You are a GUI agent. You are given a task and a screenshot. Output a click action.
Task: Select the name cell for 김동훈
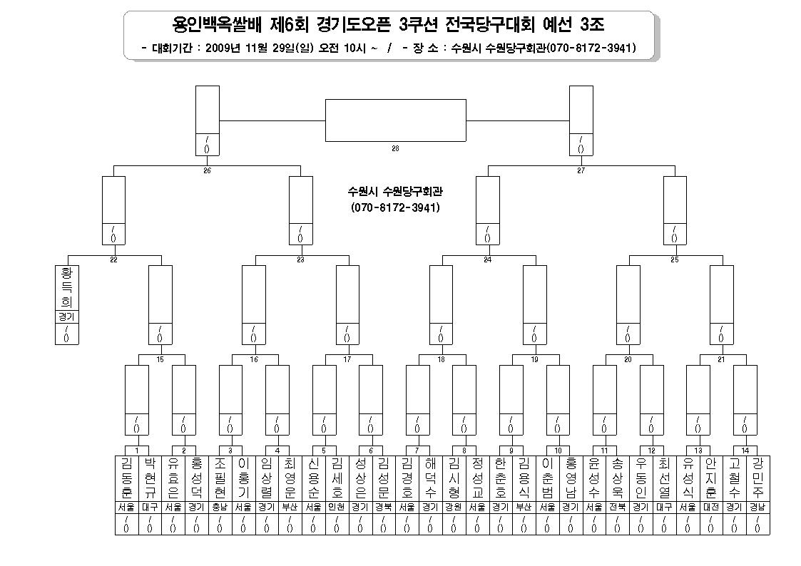click(x=126, y=478)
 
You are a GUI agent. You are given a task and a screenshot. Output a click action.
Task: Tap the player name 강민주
click(x=758, y=478)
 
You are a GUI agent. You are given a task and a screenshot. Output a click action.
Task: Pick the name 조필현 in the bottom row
click(x=220, y=478)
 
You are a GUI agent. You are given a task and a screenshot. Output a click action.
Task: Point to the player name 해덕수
click(x=431, y=478)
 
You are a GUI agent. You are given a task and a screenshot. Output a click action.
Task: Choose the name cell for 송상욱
click(x=618, y=478)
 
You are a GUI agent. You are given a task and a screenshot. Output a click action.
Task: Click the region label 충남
click(x=220, y=508)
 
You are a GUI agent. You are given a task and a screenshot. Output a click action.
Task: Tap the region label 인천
click(x=337, y=508)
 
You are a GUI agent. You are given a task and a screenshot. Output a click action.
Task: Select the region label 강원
click(x=454, y=508)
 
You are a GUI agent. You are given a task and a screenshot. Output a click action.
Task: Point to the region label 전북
click(x=618, y=508)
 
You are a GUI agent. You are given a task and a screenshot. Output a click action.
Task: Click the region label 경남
click(x=758, y=508)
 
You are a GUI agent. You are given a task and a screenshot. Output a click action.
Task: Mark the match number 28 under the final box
click(x=395, y=148)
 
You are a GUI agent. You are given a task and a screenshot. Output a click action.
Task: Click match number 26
click(x=207, y=170)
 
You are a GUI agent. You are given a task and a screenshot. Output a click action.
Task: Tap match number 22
click(x=113, y=259)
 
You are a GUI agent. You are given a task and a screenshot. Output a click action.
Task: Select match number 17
click(x=347, y=359)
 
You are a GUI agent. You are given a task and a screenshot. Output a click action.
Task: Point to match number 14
click(x=745, y=451)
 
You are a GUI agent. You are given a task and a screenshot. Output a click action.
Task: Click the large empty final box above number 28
click(x=396, y=120)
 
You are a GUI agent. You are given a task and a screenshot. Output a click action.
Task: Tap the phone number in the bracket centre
click(x=395, y=207)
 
